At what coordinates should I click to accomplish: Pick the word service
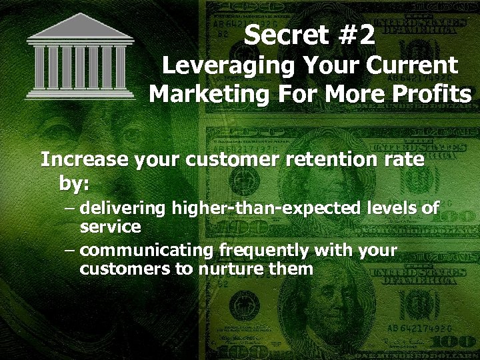[x=110, y=227]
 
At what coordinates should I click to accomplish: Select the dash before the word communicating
[x=71, y=251]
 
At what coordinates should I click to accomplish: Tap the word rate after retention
[x=405, y=160]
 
